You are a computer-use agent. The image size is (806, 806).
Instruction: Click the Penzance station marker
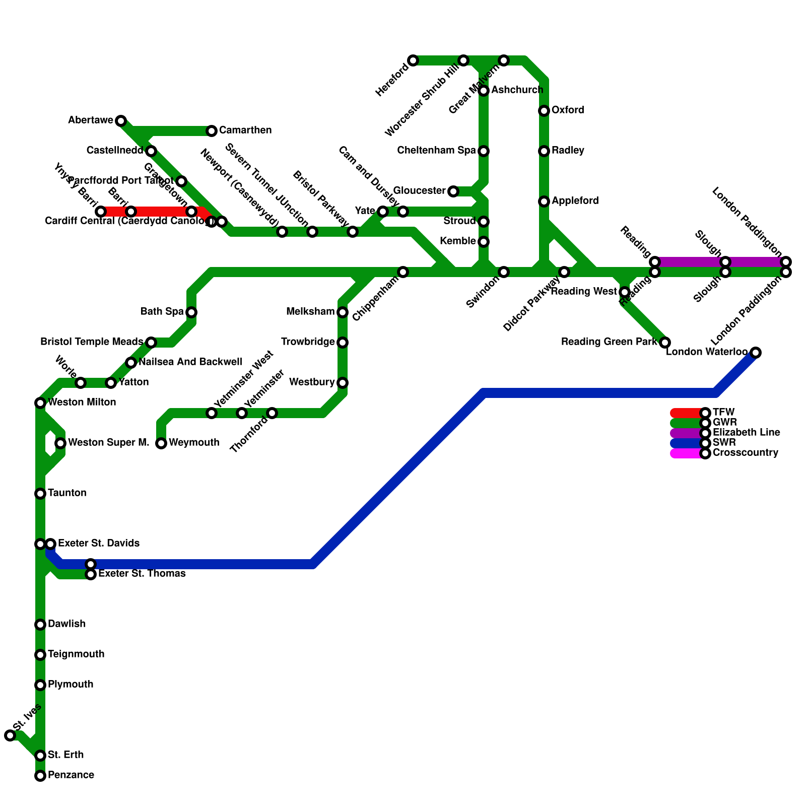point(40,776)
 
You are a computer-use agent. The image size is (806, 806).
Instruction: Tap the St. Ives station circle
point(10,735)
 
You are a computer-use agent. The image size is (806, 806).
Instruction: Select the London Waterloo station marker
point(756,353)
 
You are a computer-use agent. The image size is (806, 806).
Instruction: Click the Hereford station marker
point(413,60)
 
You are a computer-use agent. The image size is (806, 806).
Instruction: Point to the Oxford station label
point(568,110)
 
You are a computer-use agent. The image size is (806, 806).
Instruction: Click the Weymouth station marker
point(161,443)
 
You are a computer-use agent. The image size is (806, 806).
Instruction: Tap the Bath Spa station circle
point(191,312)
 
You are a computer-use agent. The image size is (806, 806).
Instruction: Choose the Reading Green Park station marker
point(665,343)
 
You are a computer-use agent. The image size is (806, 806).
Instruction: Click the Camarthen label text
point(245,130)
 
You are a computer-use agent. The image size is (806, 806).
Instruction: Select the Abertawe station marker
point(121,121)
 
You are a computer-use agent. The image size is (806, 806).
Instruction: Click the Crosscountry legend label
point(746,453)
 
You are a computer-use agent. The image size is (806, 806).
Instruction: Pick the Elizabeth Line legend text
point(746,433)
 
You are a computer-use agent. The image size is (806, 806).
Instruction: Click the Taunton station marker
point(40,494)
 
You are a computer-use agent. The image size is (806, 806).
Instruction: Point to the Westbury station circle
point(343,383)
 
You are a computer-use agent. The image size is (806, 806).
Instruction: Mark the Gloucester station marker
point(453,191)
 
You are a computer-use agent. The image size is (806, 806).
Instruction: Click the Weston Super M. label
point(108,443)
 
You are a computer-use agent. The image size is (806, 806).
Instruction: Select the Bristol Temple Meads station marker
point(151,343)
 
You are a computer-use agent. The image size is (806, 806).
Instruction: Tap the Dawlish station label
point(66,624)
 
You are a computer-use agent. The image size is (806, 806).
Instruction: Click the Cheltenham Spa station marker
point(484,151)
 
